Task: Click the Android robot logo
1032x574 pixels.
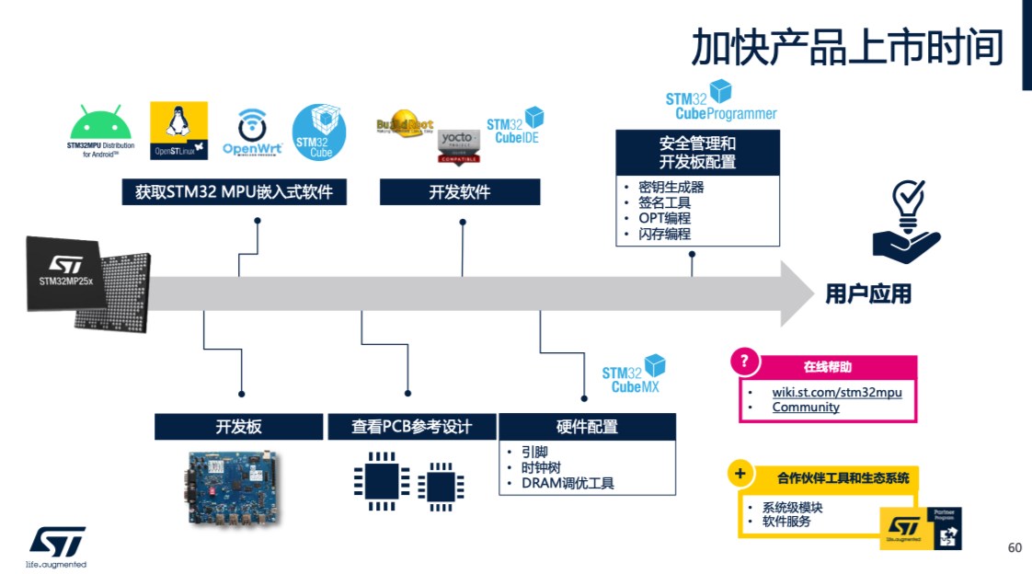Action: click(101, 122)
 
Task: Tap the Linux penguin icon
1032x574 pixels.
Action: click(178, 130)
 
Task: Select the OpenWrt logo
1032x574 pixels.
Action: click(251, 132)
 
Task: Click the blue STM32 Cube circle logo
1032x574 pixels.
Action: click(319, 132)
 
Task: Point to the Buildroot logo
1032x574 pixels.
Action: click(404, 128)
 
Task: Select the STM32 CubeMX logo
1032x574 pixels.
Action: click(633, 374)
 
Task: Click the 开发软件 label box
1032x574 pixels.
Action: click(460, 192)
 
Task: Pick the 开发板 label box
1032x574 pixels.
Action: click(239, 427)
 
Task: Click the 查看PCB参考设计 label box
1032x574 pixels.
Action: click(411, 427)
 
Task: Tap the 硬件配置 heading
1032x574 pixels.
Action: click(587, 427)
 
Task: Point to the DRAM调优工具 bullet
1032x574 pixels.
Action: click(568, 483)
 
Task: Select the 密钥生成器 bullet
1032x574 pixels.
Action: click(671, 187)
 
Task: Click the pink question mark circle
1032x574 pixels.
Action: click(745, 362)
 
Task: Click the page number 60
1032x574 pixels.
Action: click(1015, 548)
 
